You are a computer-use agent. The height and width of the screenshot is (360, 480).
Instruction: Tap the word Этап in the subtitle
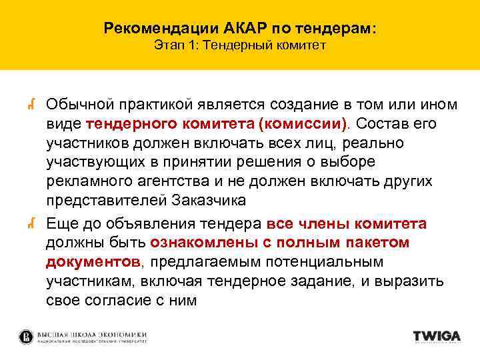[x=167, y=47]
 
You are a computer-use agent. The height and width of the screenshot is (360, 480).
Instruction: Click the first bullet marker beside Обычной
[x=31, y=104]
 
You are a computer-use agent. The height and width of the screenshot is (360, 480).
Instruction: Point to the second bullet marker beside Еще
[x=31, y=224]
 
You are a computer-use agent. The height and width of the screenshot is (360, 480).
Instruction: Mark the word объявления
[x=153, y=224]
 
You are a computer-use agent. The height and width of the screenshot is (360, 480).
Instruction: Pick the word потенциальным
[x=330, y=262]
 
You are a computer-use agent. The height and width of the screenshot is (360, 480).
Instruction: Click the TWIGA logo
[x=436, y=337]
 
